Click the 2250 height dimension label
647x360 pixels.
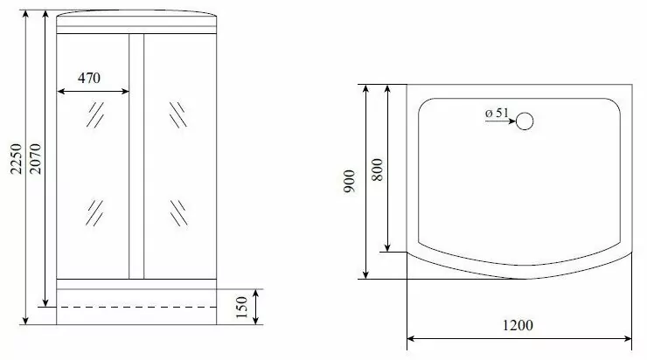coord(16,159)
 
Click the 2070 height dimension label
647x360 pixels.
coord(36,159)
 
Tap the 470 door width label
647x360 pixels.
coord(89,78)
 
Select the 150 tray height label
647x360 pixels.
coord(242,308)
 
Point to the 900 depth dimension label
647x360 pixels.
coord(349,182)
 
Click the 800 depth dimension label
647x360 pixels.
coord(377,170)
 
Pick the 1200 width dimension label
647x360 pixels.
coord(518,325)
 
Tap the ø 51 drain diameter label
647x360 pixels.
coord(497,113)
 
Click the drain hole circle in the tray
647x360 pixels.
coord(525,121)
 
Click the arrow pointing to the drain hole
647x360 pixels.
coord(500,121)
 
